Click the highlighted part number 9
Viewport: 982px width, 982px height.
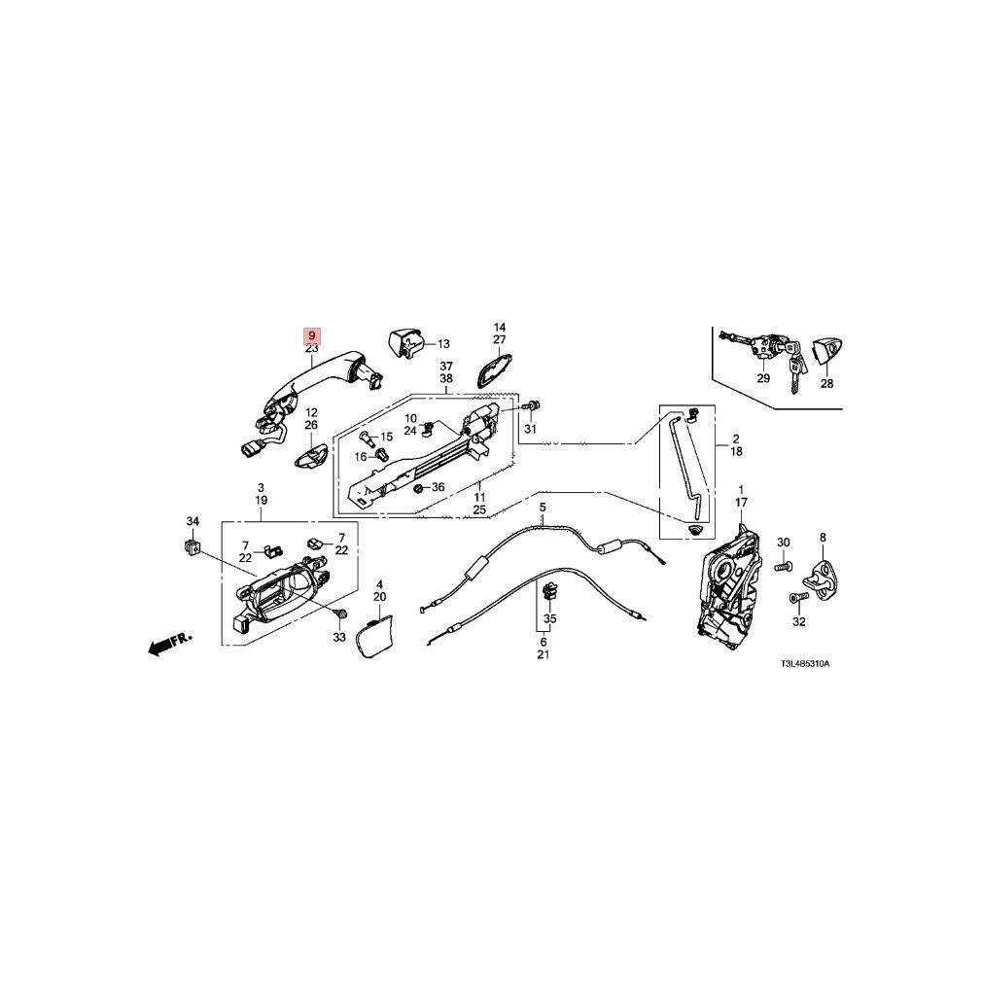[312, 333]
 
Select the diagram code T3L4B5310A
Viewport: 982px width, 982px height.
[811, 664]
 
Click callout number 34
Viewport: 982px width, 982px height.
[193, 522]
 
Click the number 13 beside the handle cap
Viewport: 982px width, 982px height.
[443, 343]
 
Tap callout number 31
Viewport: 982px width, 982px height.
[530, 430]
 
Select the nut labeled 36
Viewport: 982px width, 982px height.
[419, 488]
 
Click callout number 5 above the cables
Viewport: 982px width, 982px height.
[543, 508]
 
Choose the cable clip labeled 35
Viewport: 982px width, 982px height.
[549, 590]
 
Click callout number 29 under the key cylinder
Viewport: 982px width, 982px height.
[762, 378]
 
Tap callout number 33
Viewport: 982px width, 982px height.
[338, 638]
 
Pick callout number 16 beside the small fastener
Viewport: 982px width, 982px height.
[360, 456]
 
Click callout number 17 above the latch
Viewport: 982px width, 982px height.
[741, 502]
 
